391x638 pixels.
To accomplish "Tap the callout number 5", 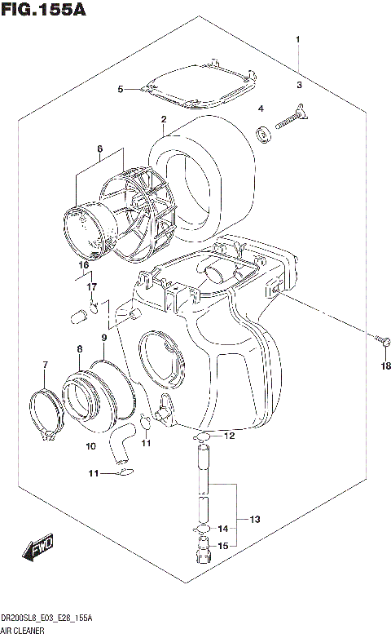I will point(121,89).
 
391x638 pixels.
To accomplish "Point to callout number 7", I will point(46,364).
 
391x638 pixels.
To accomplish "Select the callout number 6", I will point(99,148).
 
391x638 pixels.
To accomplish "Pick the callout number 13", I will point(254,519).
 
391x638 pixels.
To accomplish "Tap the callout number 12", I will point(229,436).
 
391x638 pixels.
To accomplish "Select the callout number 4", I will point(261,108).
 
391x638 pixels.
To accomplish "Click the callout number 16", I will point(83,265).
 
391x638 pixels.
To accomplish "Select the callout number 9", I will point(104,337).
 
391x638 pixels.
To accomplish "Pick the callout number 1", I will point(299,39).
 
